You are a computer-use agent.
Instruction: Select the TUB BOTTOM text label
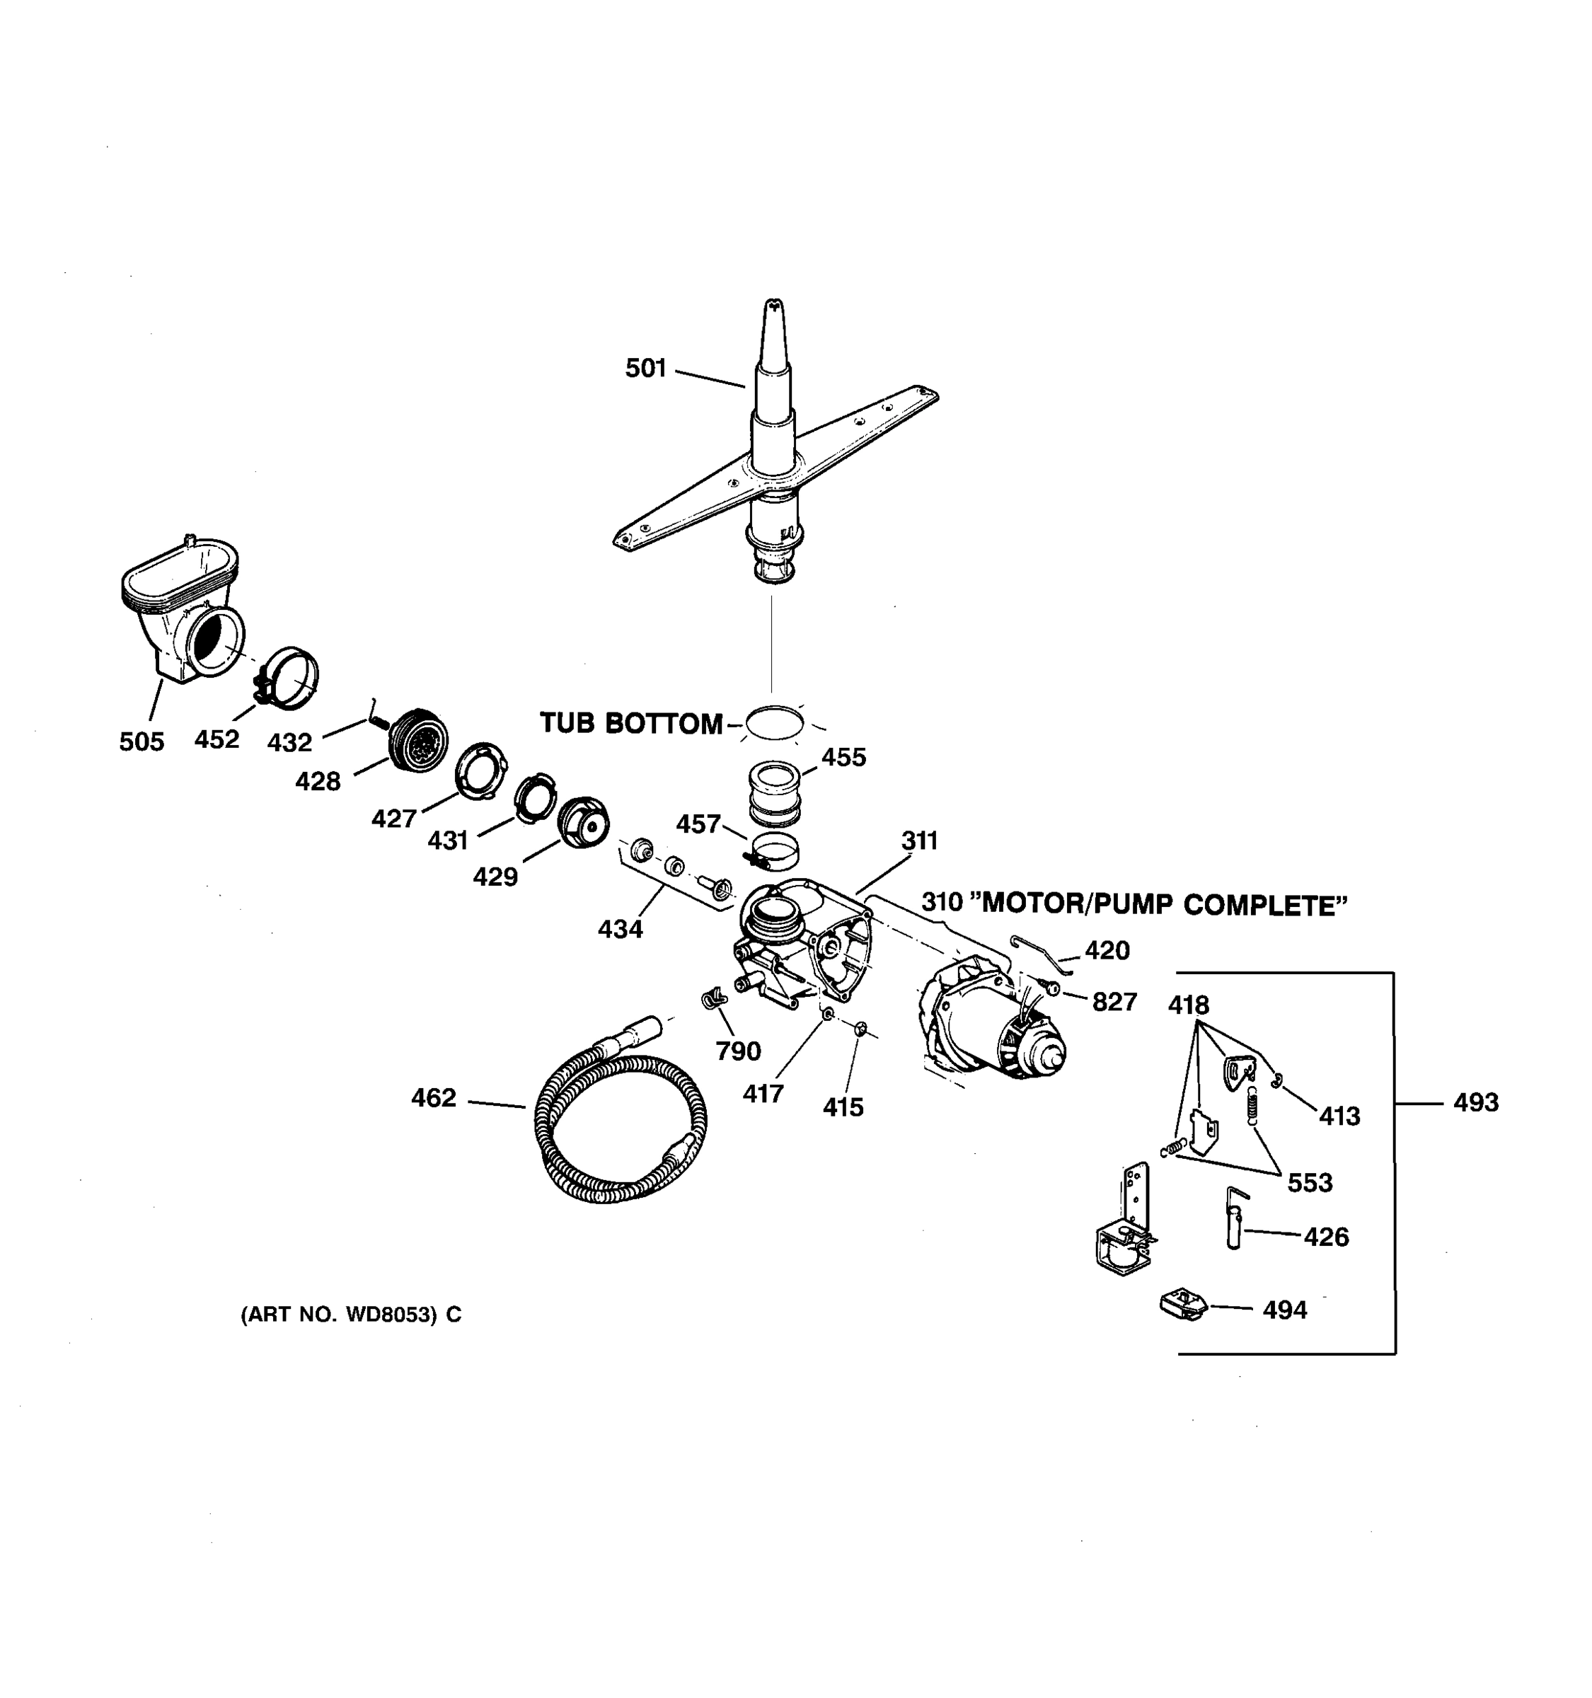point(630,724)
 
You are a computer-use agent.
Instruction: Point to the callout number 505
point(141,741)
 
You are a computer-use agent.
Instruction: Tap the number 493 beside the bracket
point(1475,1103)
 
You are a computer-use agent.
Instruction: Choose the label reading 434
point(620,928)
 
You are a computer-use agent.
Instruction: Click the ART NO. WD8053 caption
point(350,1315)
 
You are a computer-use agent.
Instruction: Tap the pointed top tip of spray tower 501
point(773,306)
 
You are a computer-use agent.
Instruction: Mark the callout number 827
point(1114,1001)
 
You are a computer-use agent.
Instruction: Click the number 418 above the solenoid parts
point(1188,1005)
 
